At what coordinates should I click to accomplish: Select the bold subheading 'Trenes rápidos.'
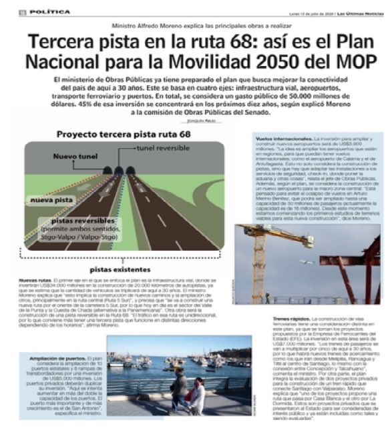291,320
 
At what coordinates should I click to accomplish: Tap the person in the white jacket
196,393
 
